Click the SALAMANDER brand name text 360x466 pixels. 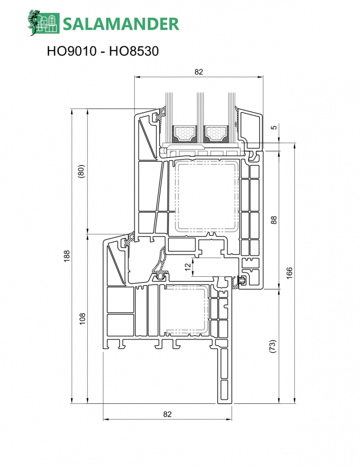click(x=121, y=24)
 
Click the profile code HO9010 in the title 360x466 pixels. click(x=72, y=51)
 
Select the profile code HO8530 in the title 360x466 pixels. click(x=134, y=51)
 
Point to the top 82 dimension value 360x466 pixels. click(x=199, y=72)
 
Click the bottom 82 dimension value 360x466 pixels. click(x=168, y=414)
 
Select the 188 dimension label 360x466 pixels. click(x=67, y=256)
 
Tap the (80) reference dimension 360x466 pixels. click(x=81, y=171)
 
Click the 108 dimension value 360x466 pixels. click(x=82, y=319)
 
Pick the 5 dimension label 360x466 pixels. click(x=274, y=127)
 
